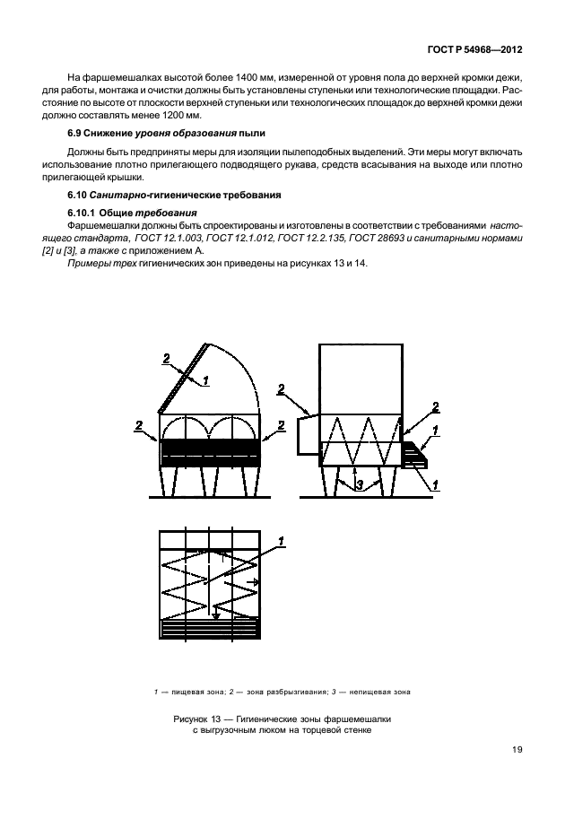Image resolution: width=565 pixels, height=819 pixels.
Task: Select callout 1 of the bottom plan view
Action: point(280,541)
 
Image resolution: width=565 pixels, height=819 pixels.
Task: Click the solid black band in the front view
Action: point(210,446)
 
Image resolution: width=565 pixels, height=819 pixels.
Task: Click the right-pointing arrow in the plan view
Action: point(256,582)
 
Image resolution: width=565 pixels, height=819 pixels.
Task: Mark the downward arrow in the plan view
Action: point(216,614)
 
